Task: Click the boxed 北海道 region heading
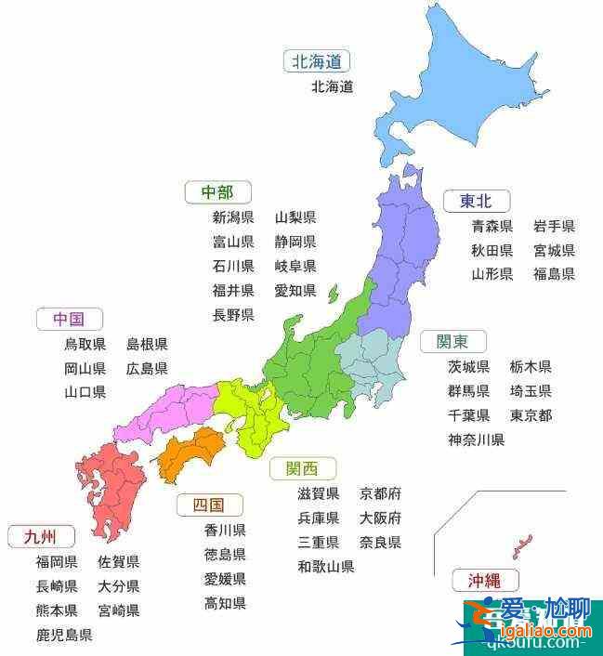pos(317,62)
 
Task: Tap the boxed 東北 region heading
pos(476,201)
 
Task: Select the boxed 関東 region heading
pos(452,341)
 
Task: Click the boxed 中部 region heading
pos(216,192)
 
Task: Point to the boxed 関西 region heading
pos(303,468)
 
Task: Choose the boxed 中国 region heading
pos(69,320)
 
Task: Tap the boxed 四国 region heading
pos(209,505)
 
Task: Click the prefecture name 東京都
pos(531,415)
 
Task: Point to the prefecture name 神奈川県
pos(476,440)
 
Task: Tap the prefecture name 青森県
pos(492,226)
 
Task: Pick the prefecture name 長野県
pos(233,315)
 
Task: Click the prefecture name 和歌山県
pos(326,566)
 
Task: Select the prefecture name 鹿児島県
pos(64,636)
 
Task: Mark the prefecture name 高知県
pos(225,603)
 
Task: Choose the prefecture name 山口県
pos(85,392)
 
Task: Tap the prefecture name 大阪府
pos(380,518)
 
